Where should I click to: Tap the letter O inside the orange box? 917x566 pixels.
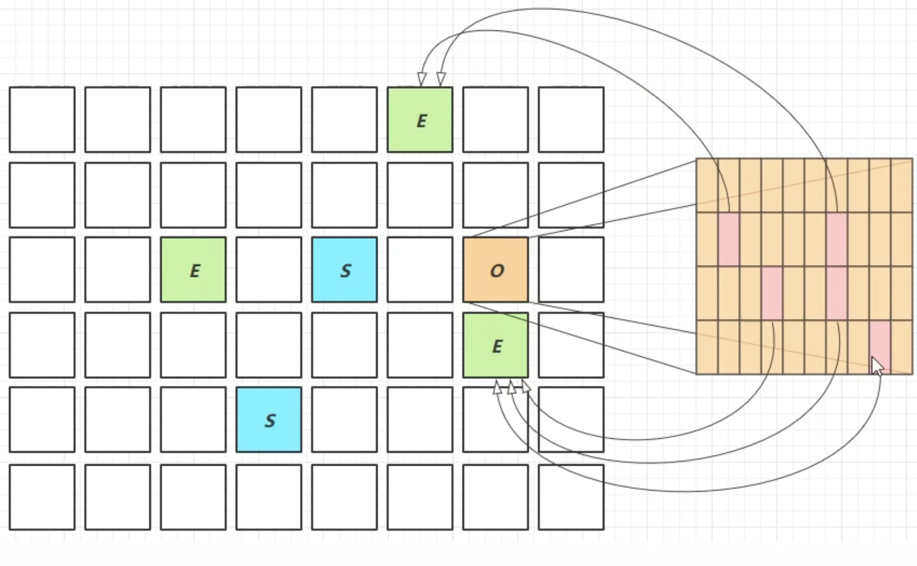click(x=497, y=271)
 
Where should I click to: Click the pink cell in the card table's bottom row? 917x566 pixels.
click(x=880, y=344)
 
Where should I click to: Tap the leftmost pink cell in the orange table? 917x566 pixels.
click(x=729, y=239)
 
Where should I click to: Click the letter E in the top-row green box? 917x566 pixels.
click(x=422, y=121)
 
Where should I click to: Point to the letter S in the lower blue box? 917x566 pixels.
click(x=270, y=421)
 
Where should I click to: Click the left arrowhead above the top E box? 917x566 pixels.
click(x=422, y=79)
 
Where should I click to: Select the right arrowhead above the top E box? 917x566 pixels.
click(x=441, y=79)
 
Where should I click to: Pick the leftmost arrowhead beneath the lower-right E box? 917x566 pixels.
click(x=497, y=387)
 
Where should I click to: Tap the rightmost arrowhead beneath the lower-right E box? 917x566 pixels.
click(x=526, y=386)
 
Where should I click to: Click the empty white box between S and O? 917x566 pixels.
click(x=420, y=270)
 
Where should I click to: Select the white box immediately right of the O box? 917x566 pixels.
click(x=571, y=270)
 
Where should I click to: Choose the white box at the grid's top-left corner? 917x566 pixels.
click(x=42, y=120)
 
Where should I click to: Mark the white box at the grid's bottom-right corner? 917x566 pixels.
click(x=571, y=497)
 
